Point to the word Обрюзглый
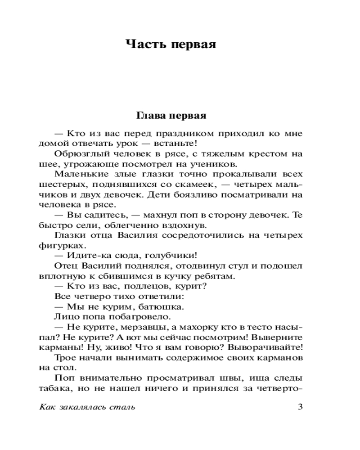tap(79, 154)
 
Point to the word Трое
tap(64, 358)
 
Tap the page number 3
tap(300, 408)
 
